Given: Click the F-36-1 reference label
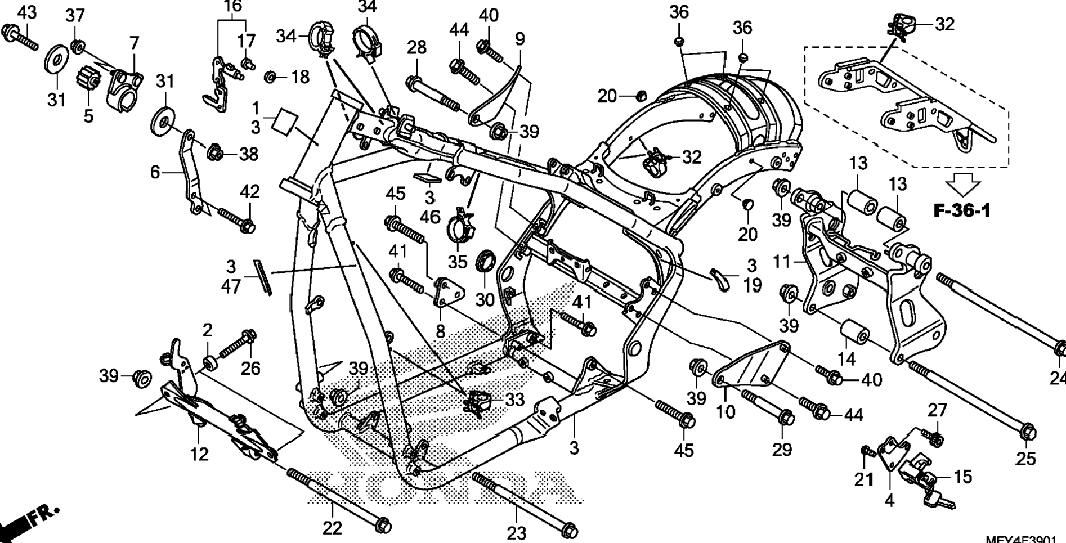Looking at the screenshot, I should [962, 210].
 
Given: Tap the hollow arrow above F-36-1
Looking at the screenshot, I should [963, 185].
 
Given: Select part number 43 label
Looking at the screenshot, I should [26, 12].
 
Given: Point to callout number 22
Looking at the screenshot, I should [332, 528].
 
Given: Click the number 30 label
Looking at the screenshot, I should [485, 300].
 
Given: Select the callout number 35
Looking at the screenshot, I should [458, 262].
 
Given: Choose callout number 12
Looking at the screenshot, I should [199, 454].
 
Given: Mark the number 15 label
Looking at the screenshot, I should [963, 477].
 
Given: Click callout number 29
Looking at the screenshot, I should [782, 449].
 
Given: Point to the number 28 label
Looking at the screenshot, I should [416, 47].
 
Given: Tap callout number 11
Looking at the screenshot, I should [782, 262].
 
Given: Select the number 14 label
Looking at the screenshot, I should [846, 358].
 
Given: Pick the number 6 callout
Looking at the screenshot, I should [155, 172].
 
